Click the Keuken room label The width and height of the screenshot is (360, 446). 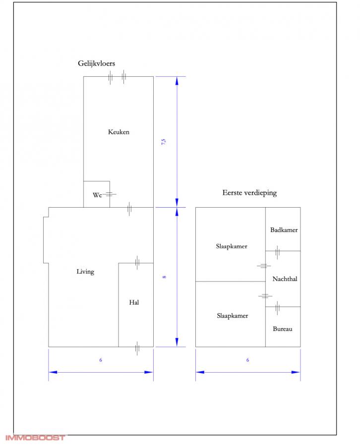click(119, 132)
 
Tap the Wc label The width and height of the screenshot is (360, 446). click(97, 195)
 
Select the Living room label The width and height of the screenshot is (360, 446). click(85, 272)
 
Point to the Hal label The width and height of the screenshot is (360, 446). click(134, 302)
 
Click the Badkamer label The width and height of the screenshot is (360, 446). click(284, 230)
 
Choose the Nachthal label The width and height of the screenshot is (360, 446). click(285, 279)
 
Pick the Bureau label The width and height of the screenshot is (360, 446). click(283, 329)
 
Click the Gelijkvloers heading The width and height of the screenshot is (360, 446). click(97, 63)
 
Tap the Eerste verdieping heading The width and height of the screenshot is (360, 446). click(249, 193)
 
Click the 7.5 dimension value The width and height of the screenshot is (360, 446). click(164, 142)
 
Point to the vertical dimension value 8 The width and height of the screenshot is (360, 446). click(164, 277)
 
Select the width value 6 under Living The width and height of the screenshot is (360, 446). click(101, 360)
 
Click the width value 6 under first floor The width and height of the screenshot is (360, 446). click(247, 360)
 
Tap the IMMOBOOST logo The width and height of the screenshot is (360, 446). click(35, 438)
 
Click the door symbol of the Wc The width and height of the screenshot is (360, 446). click(109, 195)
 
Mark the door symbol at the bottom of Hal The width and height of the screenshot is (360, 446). click(137, 348)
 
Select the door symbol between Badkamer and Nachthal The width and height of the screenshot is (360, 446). click(278, 252)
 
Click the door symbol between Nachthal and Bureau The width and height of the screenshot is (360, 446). click(278, 308)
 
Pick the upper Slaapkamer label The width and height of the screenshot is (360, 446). click(232, 246)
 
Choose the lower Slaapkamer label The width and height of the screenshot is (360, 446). click(232, 316)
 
